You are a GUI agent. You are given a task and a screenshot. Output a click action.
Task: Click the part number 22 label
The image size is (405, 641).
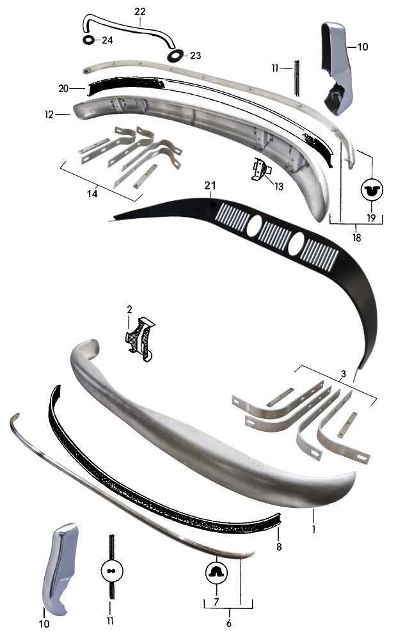click(x=139, y=12)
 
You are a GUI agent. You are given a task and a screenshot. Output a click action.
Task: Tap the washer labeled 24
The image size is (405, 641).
click(x=89, y=40)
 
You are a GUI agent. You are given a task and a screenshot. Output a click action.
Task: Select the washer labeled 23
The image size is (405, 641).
click(x=176, y=54)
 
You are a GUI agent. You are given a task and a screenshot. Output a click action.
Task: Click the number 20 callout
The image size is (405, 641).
click(x=63, y=88)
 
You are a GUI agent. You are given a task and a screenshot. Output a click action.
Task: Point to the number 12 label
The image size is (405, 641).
click(x=49, y=115)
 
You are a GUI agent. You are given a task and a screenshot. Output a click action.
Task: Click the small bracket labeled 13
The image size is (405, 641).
click(x=260, y=170)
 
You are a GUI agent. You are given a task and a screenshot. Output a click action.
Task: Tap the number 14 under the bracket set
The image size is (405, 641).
click(x=92, y=193)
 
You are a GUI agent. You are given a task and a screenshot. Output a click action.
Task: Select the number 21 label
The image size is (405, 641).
click(x=210, y=186)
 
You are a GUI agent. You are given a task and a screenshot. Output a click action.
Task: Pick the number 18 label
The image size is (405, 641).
click(x=357, y=237)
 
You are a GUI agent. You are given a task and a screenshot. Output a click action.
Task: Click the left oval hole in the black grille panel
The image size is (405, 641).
click(x=254, y=225)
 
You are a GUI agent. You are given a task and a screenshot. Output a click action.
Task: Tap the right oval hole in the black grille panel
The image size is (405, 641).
click(x=296, y=243)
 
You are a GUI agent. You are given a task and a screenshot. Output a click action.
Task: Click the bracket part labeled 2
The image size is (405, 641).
click(x=139, y=339)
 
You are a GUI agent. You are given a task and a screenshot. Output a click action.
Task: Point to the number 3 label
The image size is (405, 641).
click(x=344, y=374)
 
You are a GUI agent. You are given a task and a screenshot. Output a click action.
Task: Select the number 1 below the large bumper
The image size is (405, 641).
click(x=314, y=529)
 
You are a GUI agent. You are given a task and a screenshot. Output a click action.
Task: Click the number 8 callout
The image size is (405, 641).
click(x=279, y=546)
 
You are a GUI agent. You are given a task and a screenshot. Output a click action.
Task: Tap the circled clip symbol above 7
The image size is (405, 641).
click(x=216, y=573)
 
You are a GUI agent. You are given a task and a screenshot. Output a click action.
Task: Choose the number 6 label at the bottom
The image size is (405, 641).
click(x=229, y=623)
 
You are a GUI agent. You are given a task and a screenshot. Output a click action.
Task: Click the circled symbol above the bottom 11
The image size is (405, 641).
click(x=111, y=571)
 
